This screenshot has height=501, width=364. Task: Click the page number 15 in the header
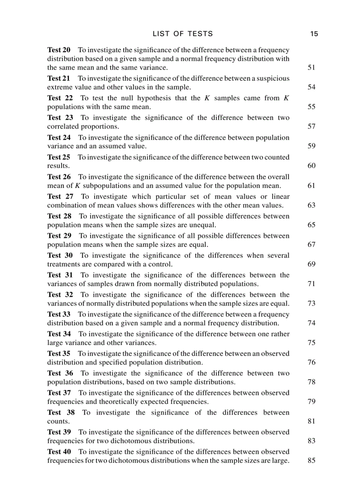[314, 34]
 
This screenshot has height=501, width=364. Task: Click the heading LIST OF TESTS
[182, 34]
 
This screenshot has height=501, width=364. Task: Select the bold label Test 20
[59, 50]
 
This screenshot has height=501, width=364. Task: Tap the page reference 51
[311, 68]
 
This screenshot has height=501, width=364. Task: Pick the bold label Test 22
[60, 98]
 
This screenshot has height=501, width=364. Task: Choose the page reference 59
[311, 146]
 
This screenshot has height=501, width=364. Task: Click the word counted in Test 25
[277, 157]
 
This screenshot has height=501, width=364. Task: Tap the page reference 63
[311, 205]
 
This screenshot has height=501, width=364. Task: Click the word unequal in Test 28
[203, 225]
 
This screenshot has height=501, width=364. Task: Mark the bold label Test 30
[60, 256]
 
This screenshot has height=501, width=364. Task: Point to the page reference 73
[311, 303]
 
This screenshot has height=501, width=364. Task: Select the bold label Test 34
[59, 334]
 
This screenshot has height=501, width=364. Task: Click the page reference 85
[311, 460]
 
